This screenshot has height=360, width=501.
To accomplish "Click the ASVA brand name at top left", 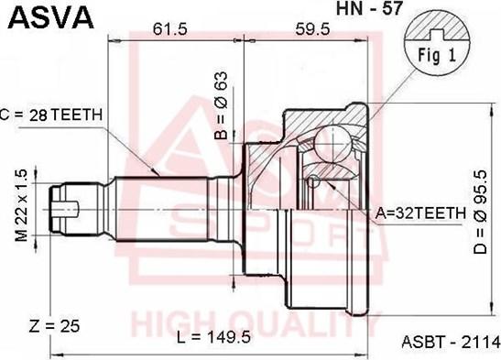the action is coord(50,16).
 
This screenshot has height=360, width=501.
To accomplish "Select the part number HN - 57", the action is coord(369,8).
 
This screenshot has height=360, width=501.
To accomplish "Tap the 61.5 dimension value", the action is coord(169,29).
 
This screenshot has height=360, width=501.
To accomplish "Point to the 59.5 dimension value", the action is coord(312,29).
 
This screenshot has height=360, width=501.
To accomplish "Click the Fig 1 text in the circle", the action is coord(437,55).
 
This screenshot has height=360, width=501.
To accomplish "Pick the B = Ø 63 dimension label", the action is coord(221,105).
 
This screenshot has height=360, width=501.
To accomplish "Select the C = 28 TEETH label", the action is coord(51,115).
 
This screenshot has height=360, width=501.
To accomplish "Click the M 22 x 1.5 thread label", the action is coord(21,205).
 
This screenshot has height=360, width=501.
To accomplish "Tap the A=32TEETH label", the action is coord(420,213).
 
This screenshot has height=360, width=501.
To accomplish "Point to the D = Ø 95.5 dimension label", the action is coord(480,212).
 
